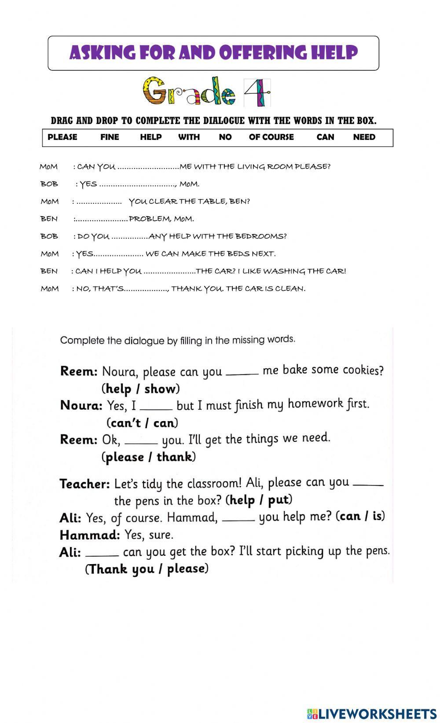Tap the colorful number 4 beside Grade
(257, 93)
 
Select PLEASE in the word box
(62, 137)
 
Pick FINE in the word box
(110, 137)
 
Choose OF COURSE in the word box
(271, 137)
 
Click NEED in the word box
(364, 137)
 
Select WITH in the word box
(189, 137)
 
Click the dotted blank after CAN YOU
(148, 167)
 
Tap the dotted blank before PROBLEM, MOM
(102, 219)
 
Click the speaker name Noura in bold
(81, 405)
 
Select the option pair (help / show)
(140, 389)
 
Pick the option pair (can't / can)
(142, 423)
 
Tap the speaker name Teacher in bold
(84, 484)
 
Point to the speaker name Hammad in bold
(90, 535)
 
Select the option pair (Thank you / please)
(147, 569)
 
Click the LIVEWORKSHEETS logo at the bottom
(372, 713)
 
